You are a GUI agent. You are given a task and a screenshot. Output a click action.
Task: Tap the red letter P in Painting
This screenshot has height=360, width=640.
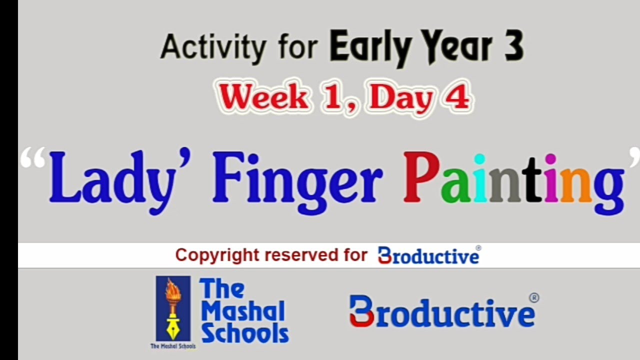click(421, 177)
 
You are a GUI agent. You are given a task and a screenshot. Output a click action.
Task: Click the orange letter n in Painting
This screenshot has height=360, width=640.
click(576, 185)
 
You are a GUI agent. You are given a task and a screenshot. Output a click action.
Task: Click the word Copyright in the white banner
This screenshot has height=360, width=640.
click(217, 255)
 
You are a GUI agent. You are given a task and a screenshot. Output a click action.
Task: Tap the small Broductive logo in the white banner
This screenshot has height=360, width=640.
click(428, 255)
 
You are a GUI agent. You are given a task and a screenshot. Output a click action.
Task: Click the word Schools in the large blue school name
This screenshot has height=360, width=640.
click(244, 333)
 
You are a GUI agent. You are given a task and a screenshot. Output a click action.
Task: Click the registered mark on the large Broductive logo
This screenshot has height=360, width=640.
click(533, 298)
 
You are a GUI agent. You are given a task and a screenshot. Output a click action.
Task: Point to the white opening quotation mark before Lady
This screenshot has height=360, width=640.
click(33, 159)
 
